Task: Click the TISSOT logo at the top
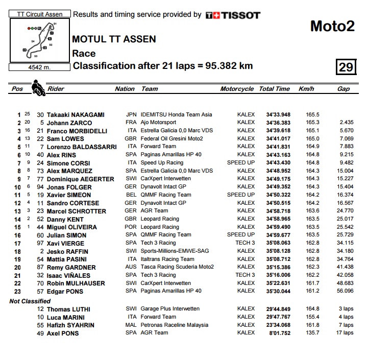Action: click(x=233, y=15)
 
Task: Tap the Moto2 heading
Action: click(x=332, y=26)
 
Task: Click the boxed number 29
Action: click(x=346, y=67)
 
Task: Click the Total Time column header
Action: click(x=274, y=89)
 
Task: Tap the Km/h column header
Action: click(x=306, y=89)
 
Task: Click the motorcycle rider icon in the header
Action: click(x=37, y=89)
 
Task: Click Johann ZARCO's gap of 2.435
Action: click(x=346, y=123)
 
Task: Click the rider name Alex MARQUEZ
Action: click(x=69, y=171)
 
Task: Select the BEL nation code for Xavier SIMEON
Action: click(x=131, y=195)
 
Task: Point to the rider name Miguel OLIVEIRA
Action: click(x=71, y=227)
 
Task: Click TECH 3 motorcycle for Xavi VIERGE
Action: click(x=245, y=243)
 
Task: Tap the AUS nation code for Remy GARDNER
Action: click(x=131, y=267)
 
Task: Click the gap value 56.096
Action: click(x=345, y=291)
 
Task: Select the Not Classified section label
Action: click(x=30, y=301)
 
